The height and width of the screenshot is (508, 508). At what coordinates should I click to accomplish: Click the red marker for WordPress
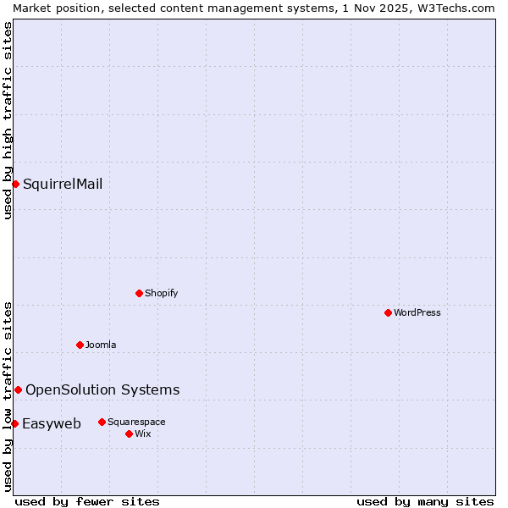388,312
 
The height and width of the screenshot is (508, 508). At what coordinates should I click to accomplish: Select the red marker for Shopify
139,293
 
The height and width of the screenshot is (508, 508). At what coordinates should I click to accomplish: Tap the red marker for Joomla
80,345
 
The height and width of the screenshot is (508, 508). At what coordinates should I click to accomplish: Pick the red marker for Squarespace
102,422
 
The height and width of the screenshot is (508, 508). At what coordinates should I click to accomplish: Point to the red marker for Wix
129,433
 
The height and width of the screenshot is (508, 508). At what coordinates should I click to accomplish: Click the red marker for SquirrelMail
15,184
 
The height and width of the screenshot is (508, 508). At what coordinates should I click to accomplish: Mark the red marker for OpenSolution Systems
18,389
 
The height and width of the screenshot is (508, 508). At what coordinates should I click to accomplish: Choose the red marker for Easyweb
14,423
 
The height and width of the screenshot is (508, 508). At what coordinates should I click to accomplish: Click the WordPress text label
417,312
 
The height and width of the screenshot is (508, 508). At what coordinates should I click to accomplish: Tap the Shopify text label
161,293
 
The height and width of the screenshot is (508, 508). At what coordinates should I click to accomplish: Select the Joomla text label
101,345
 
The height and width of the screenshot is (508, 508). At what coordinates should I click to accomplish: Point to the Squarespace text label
136,422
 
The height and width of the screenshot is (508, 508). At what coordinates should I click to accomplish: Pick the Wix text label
142,433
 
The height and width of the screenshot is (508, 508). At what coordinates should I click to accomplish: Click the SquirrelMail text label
63,184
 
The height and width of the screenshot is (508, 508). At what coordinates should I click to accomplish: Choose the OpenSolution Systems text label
102,389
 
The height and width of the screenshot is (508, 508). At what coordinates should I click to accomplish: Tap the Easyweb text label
52,423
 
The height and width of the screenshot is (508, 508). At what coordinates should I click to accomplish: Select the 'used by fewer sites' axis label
87,501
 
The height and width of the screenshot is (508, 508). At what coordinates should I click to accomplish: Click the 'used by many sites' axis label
425,501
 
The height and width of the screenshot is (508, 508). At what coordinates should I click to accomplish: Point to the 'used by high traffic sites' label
8,120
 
